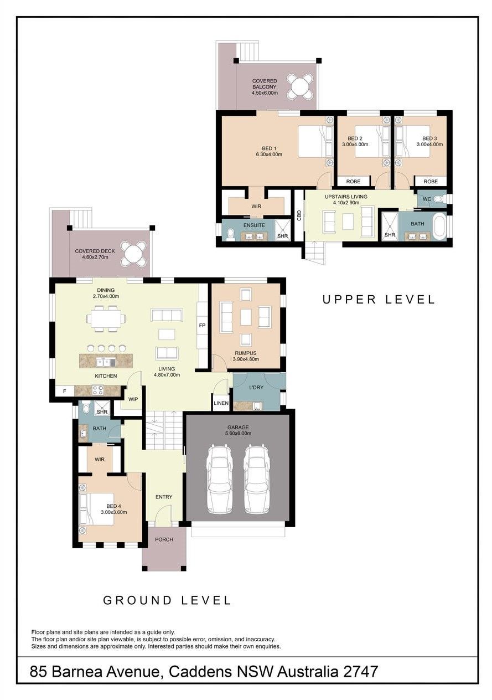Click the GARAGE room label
(238, 427)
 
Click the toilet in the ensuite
(231, 234)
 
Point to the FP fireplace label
(202, 325)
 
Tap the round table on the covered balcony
(300, 86)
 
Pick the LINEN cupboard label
(221, 403)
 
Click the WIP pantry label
(133, 399)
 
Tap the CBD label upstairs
(299, 215)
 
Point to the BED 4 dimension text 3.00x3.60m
(113, 512)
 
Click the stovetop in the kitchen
(98, 390)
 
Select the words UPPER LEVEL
(379, 300)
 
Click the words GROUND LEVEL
(167, 600)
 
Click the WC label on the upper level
(427, 199)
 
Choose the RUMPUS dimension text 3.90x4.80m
(246, 359)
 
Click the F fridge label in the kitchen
(65, 390)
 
